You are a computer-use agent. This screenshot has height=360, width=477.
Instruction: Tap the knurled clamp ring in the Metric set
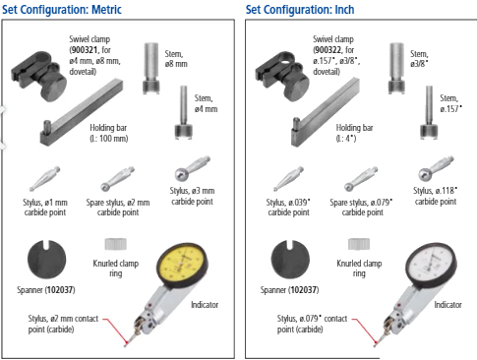pyautogui.click(x=116, y=244)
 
